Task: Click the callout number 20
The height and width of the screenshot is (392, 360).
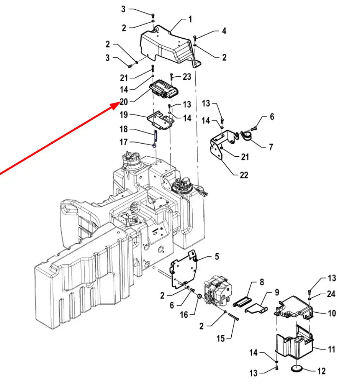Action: [124, 102]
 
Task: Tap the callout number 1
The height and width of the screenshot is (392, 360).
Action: [190, 19]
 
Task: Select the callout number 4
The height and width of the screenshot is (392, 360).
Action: [224, 31]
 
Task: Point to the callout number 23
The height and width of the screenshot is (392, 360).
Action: [187, 77]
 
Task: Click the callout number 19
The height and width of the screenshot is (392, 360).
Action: [124, 115]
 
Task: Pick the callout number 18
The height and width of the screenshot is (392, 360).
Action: [124, 129]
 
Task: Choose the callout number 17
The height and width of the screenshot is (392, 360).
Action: [124, 142]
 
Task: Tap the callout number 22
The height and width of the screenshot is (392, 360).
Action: [244, 175]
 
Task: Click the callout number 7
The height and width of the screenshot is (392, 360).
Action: [271, 147]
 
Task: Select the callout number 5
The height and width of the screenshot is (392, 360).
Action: [217, 256]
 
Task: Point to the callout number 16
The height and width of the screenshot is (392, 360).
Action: [184, 315]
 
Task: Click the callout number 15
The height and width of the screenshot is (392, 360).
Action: [221, 338]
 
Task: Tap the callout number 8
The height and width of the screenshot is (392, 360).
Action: [262, 282]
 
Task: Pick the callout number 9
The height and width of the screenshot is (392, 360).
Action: [277, 292]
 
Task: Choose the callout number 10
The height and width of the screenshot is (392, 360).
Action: [332, 313]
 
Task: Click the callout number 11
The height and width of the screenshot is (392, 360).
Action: [332, 349]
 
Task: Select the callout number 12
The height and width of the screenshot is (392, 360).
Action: [321, 371]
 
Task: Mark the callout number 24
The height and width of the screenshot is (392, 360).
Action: [331, 294]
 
